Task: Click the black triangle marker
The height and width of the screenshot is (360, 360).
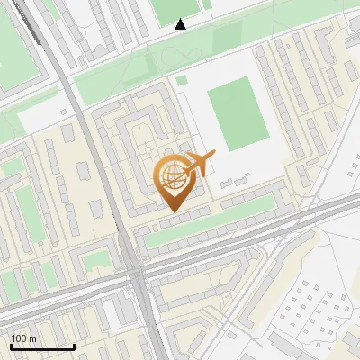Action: [181, 24]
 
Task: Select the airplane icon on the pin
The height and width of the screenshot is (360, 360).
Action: [199, 165]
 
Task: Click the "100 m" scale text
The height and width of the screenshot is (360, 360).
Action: [22, 337]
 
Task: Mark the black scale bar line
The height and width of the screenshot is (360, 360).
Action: [42, 346]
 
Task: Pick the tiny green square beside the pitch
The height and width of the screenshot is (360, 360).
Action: [183, 80]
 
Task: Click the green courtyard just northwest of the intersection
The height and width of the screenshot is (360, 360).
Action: [94, 262]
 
